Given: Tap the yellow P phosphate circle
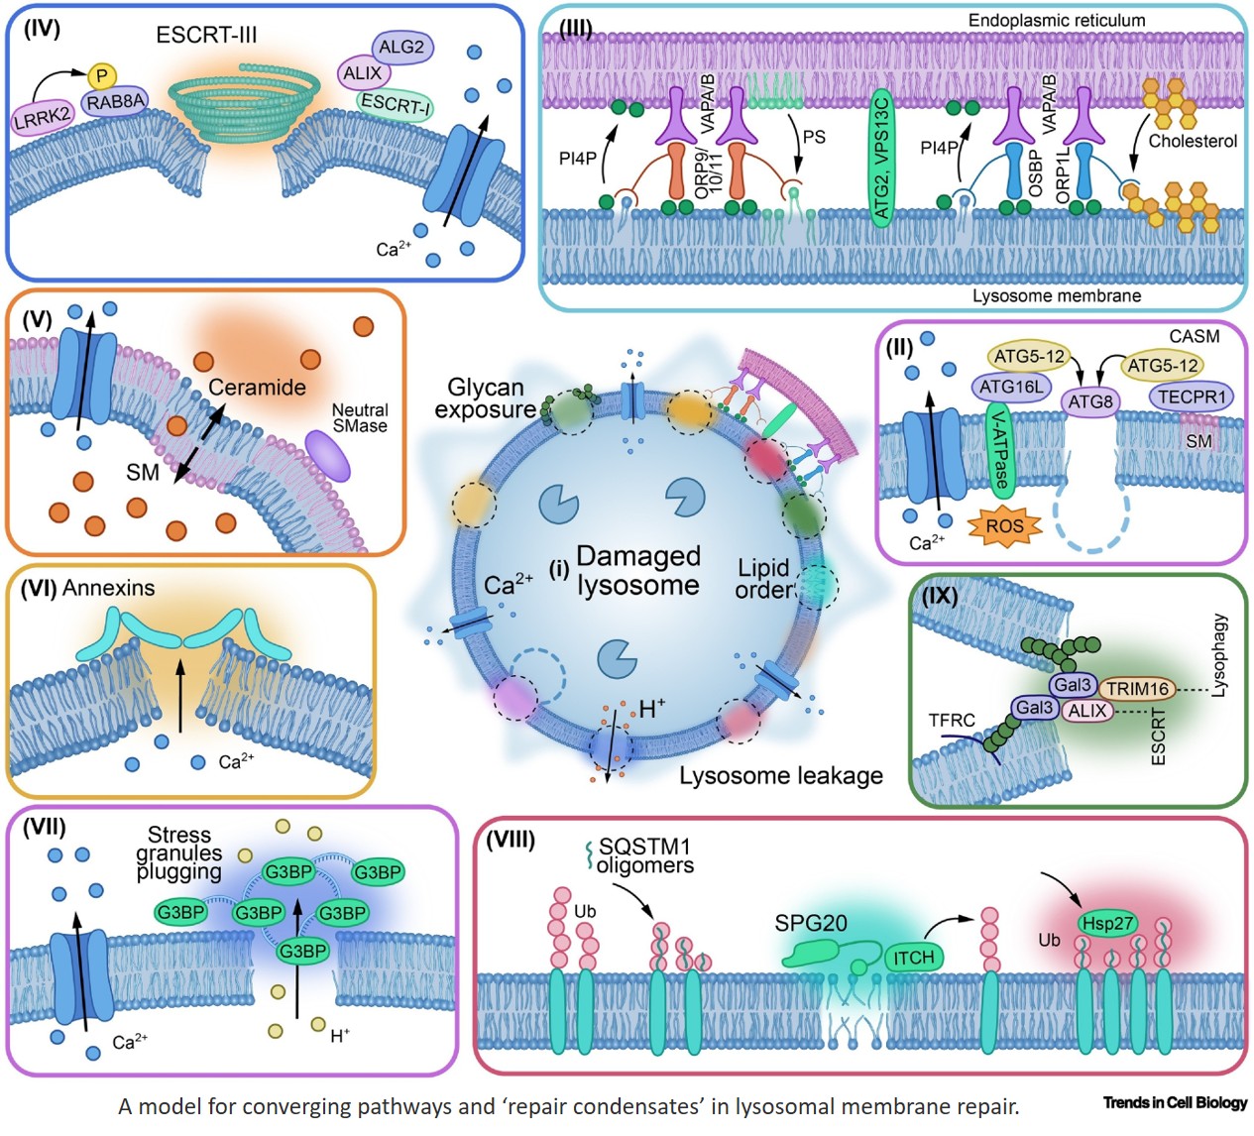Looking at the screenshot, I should click(101, 75).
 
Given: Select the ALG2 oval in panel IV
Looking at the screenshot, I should click(400, 47).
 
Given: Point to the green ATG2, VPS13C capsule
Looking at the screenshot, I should click(880, 158).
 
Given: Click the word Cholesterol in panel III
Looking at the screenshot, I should click(1193, 141).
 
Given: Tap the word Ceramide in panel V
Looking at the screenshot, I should click(257, 387).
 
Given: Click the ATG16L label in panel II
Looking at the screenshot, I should click(1011, 387).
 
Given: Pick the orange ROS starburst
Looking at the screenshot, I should click(1004, 525).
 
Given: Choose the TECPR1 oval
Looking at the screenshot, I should click(1192, 397).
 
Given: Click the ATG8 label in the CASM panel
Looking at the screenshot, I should click(1089, 401).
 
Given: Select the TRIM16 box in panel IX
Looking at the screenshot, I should click(1137, 688).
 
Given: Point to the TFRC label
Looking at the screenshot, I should click(952, 720).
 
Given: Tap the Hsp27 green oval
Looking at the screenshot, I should click(1107, 924).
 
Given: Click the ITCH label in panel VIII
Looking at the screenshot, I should click(913, 957).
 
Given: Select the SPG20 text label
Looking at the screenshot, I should click(811, 923).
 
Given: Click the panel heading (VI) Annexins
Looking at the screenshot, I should click(88, 588).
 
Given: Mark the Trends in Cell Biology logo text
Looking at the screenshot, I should click(1175, 1102).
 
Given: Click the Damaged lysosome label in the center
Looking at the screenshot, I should click(637, 570).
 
